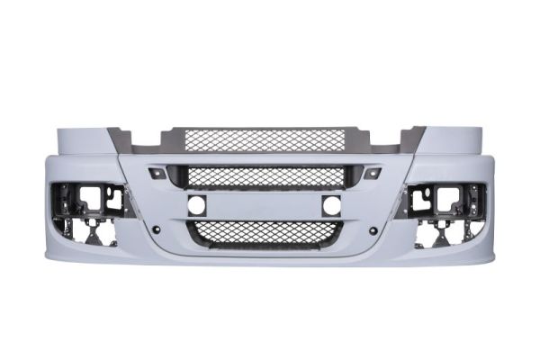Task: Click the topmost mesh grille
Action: pos(265,141)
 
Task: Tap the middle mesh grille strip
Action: pos(265,176)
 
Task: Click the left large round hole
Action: pos(197,205)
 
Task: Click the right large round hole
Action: pos(331,205)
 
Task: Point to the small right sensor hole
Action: pos(371,230)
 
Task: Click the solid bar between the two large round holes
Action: pos(265,205)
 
